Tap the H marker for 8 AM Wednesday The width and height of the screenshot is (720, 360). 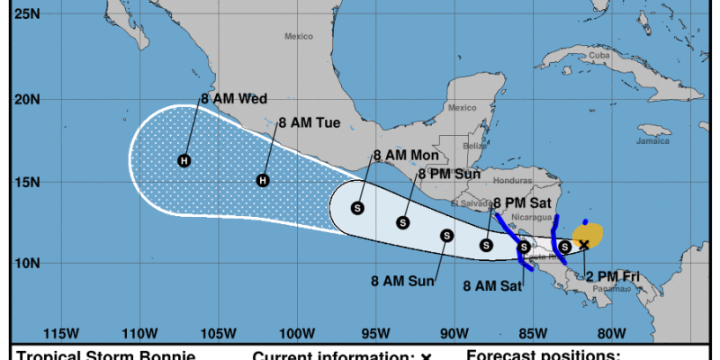point(184,161)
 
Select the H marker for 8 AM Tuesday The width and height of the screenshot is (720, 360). point(264,181)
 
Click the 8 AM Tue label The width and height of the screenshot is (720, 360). point(310,122)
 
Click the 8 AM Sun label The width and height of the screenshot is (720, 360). point(403,281)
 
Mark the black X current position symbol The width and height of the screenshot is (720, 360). point(584,244)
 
